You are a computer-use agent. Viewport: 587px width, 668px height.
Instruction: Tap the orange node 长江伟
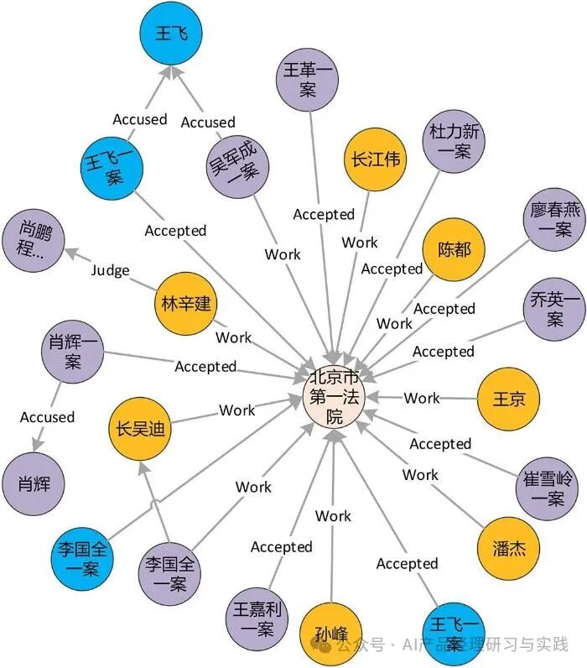[x=374, y=159]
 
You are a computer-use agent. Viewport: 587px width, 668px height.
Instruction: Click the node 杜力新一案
[x=451, y=141]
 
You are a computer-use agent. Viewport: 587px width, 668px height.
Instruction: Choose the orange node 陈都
[x=454, y=249]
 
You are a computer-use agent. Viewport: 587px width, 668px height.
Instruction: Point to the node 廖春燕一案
[x=552, y=218]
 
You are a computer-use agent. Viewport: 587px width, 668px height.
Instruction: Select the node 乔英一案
[x=553, y=309]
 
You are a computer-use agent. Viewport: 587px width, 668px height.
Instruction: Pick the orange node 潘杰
[x=508, y=549]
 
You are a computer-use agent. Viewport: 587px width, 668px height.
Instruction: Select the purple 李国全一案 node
[x=170, y=574]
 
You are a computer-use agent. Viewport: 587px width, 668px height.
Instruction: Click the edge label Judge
[x=110, y=270]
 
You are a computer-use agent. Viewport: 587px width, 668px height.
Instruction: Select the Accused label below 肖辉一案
[x=47, y=417]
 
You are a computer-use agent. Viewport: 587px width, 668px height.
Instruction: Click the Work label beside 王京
[x=421, y=398]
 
